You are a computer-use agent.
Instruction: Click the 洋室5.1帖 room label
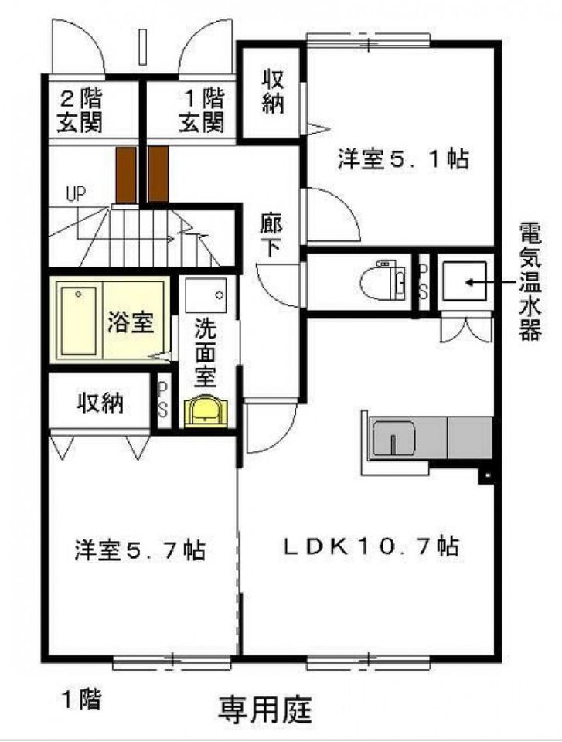click(403, 159)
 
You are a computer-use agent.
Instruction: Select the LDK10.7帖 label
click(370, 546)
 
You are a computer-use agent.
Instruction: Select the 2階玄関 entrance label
click(82, 111)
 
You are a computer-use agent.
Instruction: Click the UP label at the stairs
click(75, 192)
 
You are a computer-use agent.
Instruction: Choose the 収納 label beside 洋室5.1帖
click(273, 92)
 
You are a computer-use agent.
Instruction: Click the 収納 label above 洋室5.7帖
click(100, 403)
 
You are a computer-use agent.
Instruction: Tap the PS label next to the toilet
click(424, 281)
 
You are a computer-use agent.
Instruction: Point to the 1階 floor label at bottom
click(81, 699)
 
